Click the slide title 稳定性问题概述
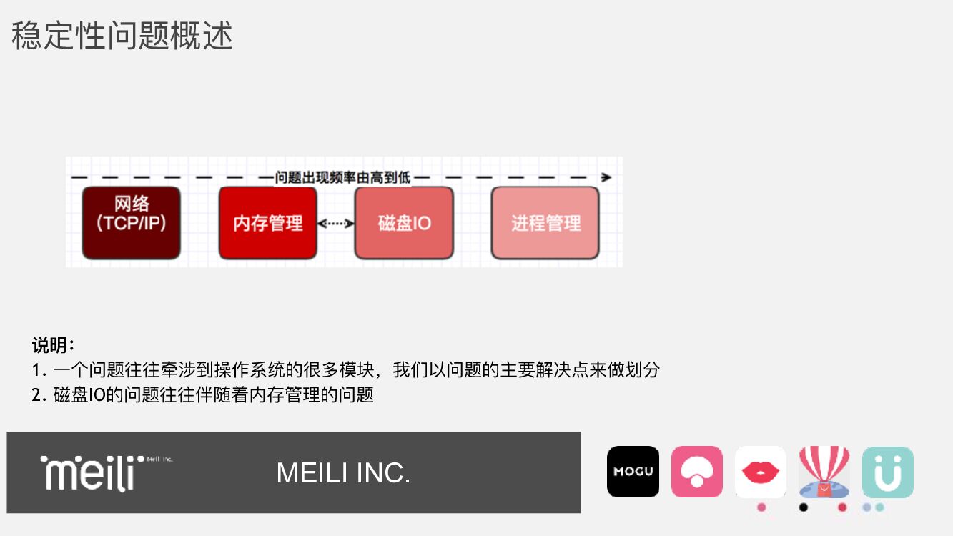coord(122,36)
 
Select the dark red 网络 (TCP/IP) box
coord(131,223)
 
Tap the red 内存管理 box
coord(267,223)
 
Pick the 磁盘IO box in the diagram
coord(404,223)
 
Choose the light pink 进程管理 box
coord(545,223)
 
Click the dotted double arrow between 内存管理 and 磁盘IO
coord(336,224)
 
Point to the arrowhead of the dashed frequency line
coord(606,177)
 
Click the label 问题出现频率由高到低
coord(342,177)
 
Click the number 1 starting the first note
coord(36,370)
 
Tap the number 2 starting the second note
coord(36,394)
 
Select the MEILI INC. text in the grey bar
coord(343,473)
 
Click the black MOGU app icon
coord(633,472)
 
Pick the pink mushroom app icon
coord(697,472)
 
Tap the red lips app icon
coord(761,472)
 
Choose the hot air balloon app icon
coord(824,472)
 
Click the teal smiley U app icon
coord(888,472)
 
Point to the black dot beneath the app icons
coord(804,507)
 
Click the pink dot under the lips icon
coord(761,507)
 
